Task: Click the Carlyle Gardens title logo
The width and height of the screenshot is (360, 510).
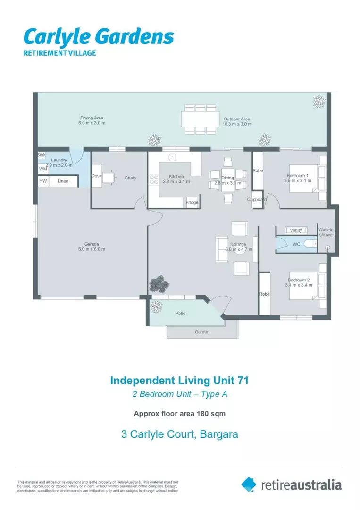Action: (99, 37)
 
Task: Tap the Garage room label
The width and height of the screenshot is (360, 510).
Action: (92, 244)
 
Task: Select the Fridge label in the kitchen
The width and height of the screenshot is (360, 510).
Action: (192, 202)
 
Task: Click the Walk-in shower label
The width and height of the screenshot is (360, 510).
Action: (327, 232)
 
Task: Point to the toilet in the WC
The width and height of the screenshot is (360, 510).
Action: (310, 244)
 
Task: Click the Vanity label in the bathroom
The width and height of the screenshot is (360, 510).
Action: (296, 230)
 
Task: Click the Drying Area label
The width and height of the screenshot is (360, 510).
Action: (92, 118)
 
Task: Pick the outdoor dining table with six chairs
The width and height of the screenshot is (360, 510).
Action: (200, 119)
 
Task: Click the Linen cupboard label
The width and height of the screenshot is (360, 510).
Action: (63, 181)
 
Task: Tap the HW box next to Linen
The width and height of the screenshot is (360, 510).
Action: (43, 181)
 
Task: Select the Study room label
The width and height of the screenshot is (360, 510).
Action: (131, 178)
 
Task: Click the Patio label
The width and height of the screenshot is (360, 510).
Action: (180, 313)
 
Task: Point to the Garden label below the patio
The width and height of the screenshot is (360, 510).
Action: (202, 332)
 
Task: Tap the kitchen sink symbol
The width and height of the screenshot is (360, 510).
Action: (173, 157)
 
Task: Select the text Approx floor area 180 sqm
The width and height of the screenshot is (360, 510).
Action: (180, 414)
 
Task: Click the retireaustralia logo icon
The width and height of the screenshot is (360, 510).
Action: (249, 484)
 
